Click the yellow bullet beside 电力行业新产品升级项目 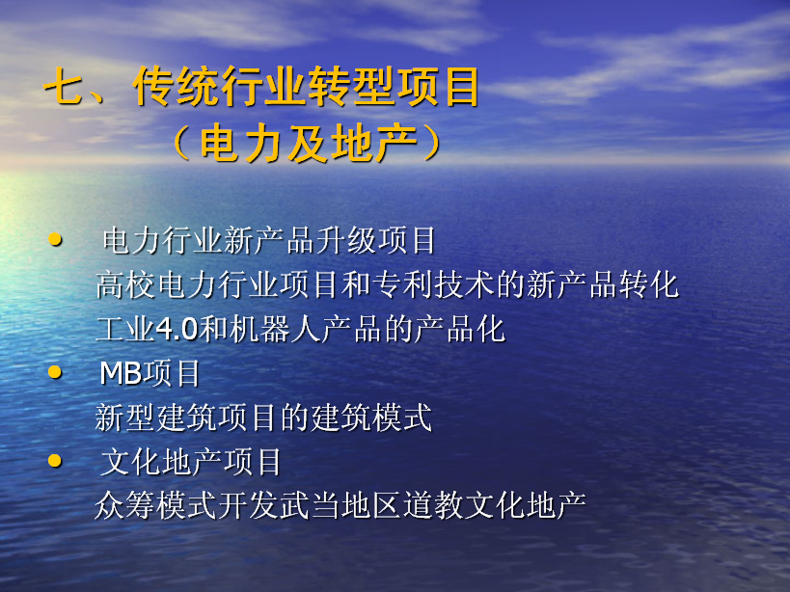click(55, 239)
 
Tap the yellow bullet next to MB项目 click(55, 372)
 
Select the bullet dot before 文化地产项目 click(55, 461)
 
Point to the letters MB click(121, 373)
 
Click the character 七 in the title click(64, 88)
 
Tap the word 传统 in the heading click(176, 87)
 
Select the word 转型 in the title click(352, 87)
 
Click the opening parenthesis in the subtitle click(182, 143)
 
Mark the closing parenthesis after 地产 click(432, 143)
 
